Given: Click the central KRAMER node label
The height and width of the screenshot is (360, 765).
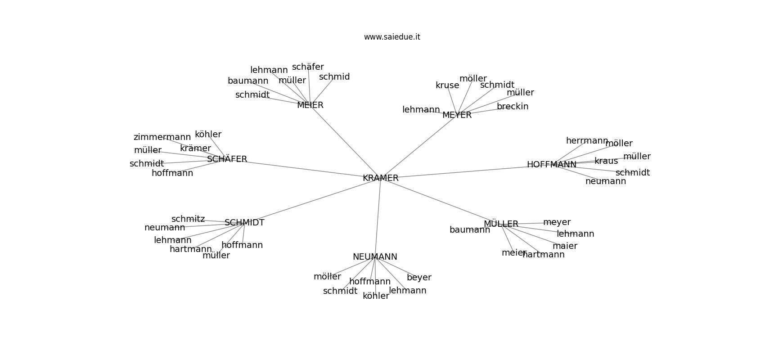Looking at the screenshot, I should click(x=381, y=178).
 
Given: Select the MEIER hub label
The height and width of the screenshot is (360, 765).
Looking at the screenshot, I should click(x=310, y=105).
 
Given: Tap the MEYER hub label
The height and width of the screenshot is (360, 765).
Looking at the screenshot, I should click(x=457, y=115).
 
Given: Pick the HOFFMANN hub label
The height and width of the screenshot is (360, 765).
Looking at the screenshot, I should click(x=551, y=165).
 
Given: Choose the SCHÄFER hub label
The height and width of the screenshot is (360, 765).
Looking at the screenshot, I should click(x=227, y=159).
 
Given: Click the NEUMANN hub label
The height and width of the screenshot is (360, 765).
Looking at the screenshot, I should click(x=375, y=257).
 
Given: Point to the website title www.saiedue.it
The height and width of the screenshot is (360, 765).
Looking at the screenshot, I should click(x=392, y=37).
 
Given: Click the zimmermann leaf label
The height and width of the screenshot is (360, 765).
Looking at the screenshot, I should click(x=162, y=137).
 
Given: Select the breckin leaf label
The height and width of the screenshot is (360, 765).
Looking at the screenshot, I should click(x=513, y=107).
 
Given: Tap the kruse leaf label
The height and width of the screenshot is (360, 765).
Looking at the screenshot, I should click(x=447, y=85).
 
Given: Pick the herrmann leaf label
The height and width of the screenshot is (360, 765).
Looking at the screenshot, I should click(x=587, y=141).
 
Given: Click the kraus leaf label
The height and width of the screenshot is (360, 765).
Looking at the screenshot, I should click(x=606, y=161).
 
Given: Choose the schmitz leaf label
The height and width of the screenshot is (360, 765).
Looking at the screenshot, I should click(x=188, y=219).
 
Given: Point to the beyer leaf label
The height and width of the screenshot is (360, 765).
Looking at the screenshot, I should click(x=419, y=278).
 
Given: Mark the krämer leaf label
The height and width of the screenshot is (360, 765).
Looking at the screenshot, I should click(x=195, y=148).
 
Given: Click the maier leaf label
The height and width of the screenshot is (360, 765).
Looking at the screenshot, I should click(x=565, y=246).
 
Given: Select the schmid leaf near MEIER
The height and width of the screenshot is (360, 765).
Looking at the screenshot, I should click(x=334, y=77).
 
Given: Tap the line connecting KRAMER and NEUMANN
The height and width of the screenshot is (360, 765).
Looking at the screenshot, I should click(x=378, y=216).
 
